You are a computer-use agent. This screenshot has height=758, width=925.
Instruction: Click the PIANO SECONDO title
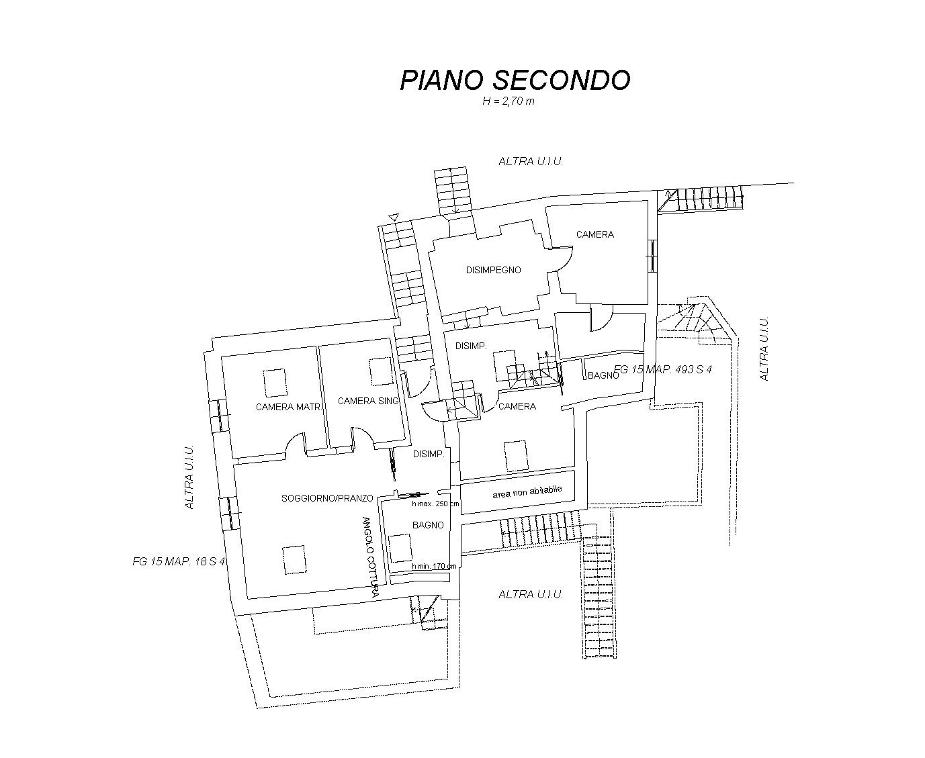pyautogui.click(x=515, y=80)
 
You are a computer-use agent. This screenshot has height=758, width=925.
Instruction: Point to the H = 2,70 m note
pyautogui.click(x=509, y=101)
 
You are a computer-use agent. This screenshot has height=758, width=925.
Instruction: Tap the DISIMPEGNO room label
pyautogui.click(x=494, y=270)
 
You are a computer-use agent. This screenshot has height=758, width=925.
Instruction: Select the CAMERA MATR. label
pyautogui.click(x=288, y=407)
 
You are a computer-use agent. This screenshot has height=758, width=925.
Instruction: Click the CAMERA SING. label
pyautogui.click(x=368, y=401)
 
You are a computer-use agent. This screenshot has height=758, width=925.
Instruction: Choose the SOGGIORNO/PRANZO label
pyautogui.click(x=327, y=498)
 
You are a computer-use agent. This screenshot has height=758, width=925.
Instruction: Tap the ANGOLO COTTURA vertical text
pyautogui.click(x=369, y=557)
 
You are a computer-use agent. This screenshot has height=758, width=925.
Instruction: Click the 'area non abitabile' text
pyautogui.click(x=527, y=492)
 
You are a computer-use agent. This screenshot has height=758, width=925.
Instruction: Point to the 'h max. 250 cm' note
pyautogui.click(x=435, y=504)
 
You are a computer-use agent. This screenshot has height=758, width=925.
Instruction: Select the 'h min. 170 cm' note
pyautogui.click(x=434, y=566)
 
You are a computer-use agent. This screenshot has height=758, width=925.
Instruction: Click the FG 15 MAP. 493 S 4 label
pyautogui.click(x=663, y=369)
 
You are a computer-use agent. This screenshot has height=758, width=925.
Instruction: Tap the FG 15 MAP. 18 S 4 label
pyautogui.click(x=179, y=561)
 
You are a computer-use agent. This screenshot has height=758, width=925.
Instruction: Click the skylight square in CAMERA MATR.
pyautogui.click(x=275, y=383)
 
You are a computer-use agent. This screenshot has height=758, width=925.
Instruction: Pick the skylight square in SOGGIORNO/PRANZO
pyautogui.click(x=294, y=559)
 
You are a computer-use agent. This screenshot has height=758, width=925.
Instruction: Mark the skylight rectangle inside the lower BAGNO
pyautogui.click(x=400, y=548)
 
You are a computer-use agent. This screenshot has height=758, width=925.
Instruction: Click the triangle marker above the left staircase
pyautogui.click(x=394, y=217)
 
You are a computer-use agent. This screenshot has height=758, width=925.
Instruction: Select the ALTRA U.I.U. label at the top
pyautogui.click(x=531, y=161)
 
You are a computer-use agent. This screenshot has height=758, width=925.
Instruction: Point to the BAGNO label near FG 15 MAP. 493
pyautogui.click(x=603, y=375)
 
